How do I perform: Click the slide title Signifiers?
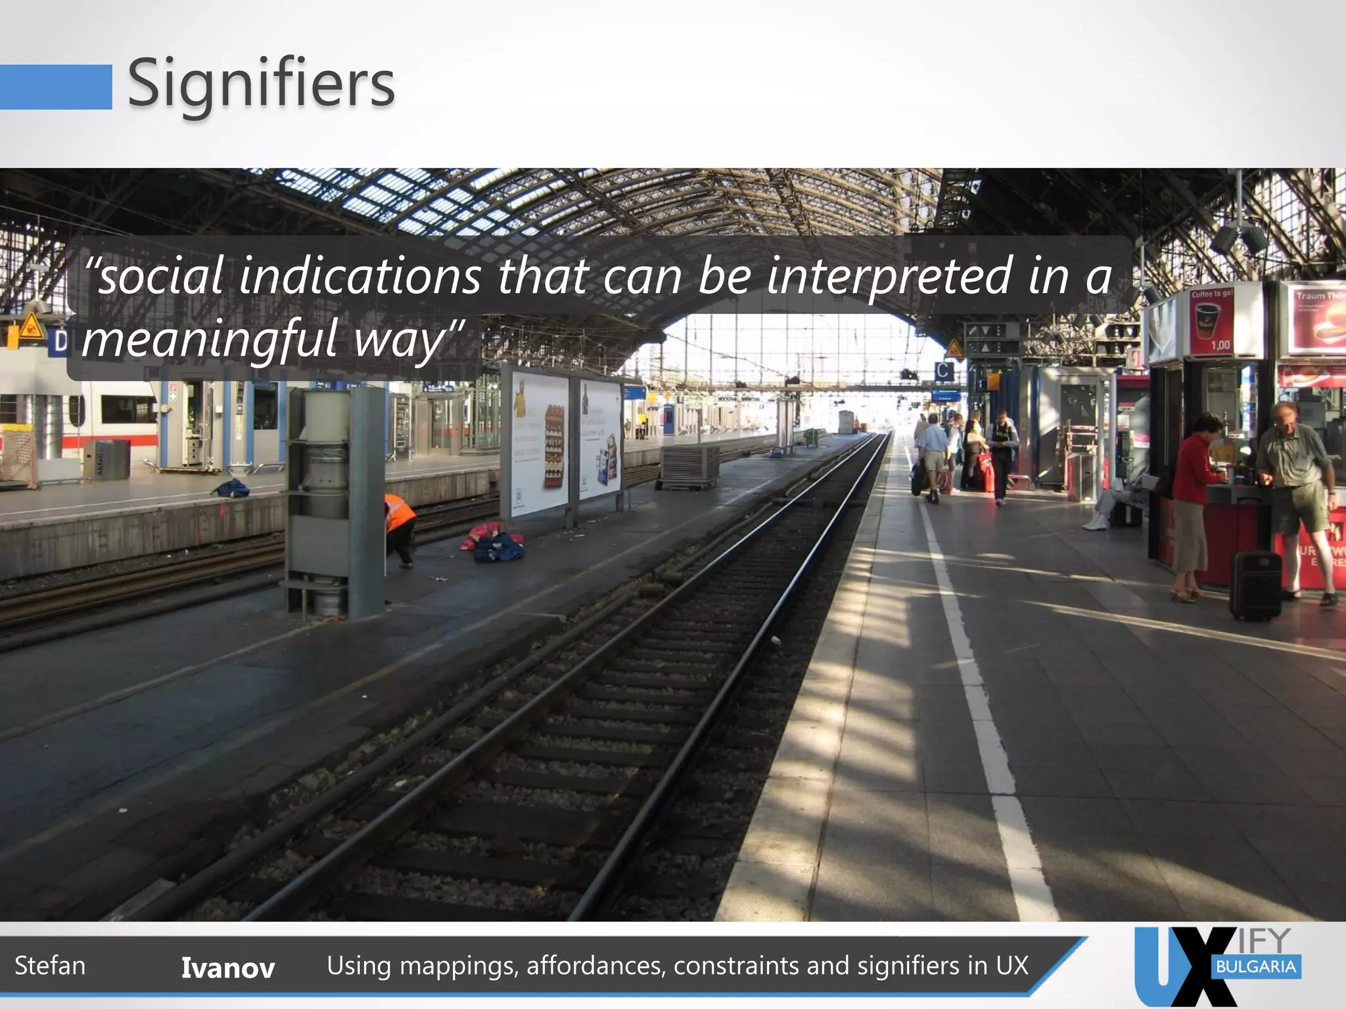click(261, 84)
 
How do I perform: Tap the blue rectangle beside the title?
click(55, 87)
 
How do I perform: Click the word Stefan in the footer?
click(50, 966)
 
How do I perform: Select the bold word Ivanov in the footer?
click(228, 968)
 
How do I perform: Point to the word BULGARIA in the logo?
click(1255, 966)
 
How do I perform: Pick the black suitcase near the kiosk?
click(1255, 585)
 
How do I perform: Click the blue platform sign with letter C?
click(944, 372)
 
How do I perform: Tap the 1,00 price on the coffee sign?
click(1220, 345)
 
